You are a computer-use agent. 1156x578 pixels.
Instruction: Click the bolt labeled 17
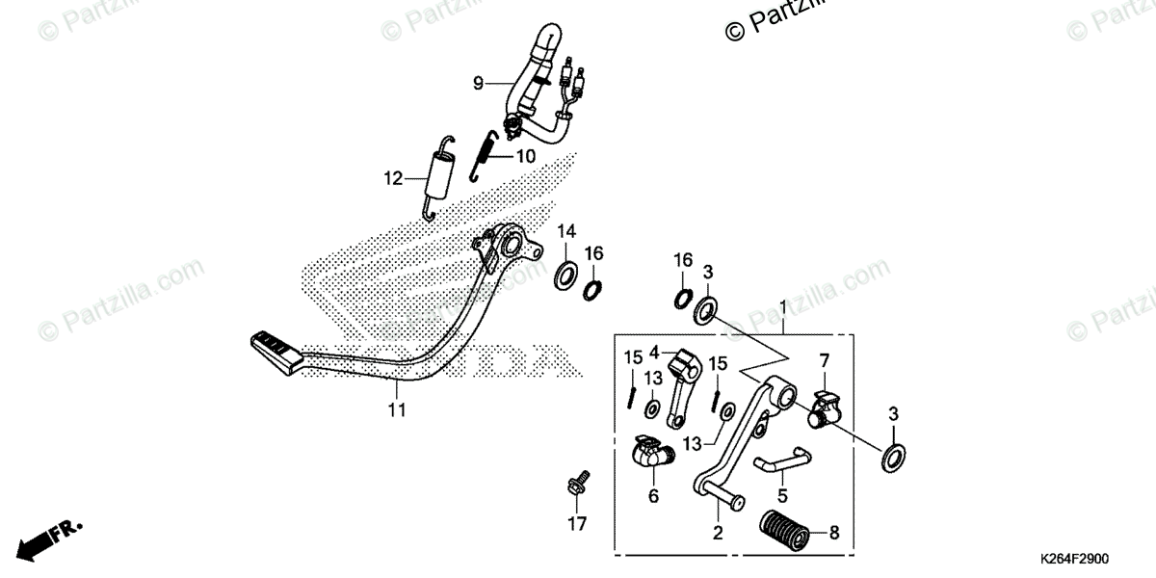580,485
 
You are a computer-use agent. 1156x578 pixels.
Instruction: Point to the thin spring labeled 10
487,155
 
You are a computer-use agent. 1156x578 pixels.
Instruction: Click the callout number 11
397,410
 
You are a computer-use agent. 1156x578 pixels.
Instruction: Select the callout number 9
478,84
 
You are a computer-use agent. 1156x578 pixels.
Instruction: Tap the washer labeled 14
566,275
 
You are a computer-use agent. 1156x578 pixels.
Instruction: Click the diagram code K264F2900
1074,559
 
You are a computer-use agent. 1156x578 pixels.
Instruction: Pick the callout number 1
783,307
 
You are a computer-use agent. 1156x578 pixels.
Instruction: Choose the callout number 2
716,533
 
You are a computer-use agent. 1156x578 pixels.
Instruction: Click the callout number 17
576,525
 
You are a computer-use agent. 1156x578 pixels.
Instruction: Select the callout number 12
392,178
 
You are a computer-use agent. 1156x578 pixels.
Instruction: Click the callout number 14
565,231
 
